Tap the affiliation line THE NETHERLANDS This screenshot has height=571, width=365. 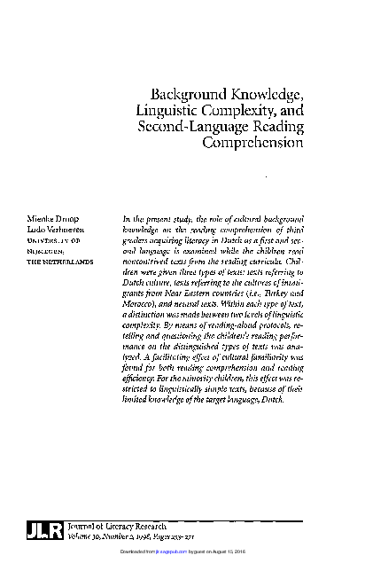(x=59, y=262)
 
